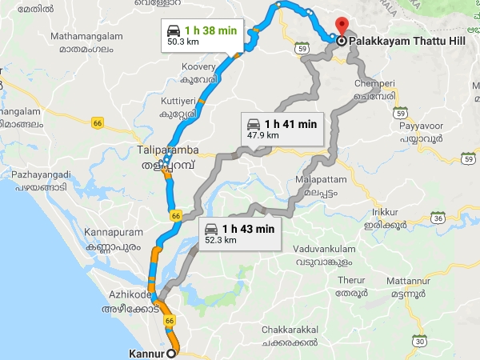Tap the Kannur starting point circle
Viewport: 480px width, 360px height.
(x=173, y=352)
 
